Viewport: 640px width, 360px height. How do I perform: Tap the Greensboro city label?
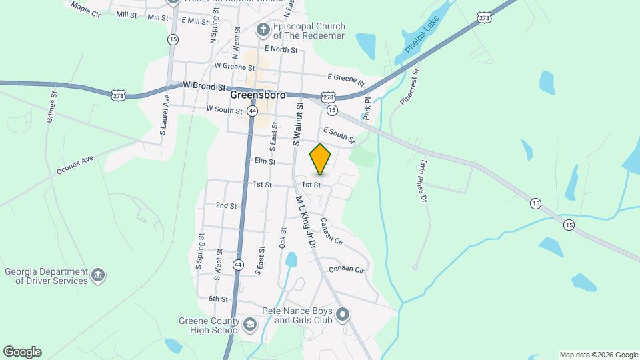(x=257, y=95)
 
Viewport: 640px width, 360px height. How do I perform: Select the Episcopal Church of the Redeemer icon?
(x=263, y=29)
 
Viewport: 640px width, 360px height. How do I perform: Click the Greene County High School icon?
(x=249, y=325)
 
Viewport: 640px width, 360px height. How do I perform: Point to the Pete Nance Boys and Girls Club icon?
(x=343, y=314)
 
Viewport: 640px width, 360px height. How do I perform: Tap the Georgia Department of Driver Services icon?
(x=98, y=276)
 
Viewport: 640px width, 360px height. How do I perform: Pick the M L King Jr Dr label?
(x=305, y=222)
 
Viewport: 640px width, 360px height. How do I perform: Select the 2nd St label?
(x=226, y=206)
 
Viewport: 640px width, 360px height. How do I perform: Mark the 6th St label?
(x=218, y=299)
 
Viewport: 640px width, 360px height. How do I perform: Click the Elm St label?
(x=264, y=161)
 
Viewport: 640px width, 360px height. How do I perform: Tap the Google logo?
(x=22, y=352)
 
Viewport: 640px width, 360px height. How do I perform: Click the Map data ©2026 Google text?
(x=599, y=355)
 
